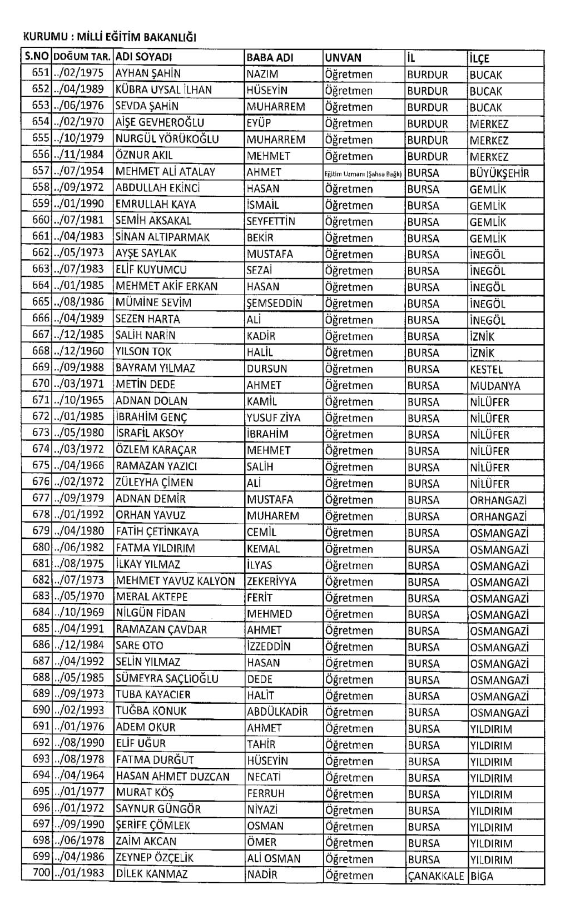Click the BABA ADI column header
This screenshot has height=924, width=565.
coord(270,57)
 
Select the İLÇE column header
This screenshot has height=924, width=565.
coord(479,58)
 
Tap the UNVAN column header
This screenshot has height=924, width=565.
coord(343,57)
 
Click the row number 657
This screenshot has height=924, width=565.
coord(41,172)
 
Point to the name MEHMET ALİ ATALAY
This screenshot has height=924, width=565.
coord(165,172)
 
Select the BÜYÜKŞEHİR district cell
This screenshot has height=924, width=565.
coord(499,173)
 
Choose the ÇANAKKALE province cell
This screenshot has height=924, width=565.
coord(435,876)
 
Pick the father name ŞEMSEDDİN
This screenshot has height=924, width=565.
coord(275,303)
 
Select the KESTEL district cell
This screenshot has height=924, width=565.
coord(486,369)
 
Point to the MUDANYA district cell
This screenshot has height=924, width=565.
coord(495,385)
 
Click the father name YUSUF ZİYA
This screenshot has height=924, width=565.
coord(273,418)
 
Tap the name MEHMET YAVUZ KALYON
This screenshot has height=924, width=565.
coord(175,581)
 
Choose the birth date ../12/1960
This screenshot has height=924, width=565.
coord(78,352)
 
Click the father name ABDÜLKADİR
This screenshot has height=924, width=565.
coord(277,712)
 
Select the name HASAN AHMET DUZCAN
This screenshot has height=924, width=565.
coord(172,777)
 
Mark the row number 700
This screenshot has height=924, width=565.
coord(41,873)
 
